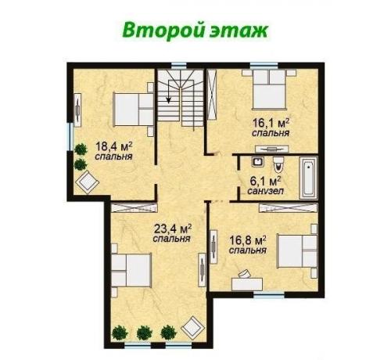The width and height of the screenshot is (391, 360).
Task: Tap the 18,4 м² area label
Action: pyautogui.click(x=113, y=146)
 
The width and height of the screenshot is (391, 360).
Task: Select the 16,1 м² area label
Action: pyautogui.click(x=271, y=123)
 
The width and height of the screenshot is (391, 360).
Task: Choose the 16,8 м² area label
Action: pyautogui.click(x=248, y=240)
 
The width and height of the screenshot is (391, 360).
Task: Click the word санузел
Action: pyautogui.click(x=266, y=191)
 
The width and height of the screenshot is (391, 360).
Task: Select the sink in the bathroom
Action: pyautogui.click(x=254, y=164)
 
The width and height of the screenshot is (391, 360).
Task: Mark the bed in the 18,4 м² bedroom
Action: pyautogui.click(x=132, y=108)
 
